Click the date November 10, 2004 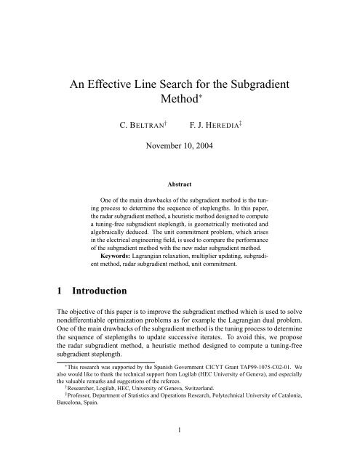pyautogui.click(x=180, y=165)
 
